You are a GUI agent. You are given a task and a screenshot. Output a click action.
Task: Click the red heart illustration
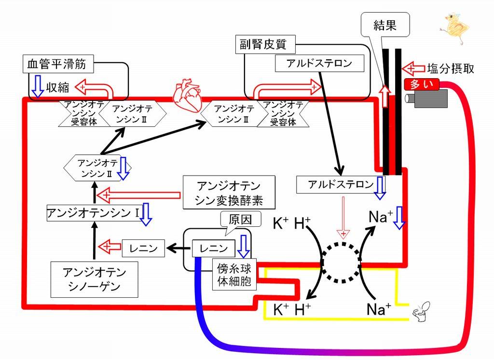click(187, 95)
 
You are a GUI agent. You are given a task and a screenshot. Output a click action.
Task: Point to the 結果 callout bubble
click(385, 25)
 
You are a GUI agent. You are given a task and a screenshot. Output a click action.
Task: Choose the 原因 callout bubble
click(240, 220)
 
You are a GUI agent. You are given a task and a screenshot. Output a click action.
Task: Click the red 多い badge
click(422, 84)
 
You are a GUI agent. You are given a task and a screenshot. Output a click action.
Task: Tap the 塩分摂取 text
click(451, 69)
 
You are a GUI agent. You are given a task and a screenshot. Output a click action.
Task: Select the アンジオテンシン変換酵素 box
click(229, 193)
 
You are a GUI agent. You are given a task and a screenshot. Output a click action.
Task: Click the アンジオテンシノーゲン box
click(95, 279)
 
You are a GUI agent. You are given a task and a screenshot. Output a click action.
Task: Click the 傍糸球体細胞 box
click(234, 274)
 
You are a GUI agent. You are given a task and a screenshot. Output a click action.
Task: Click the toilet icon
click(422, 311)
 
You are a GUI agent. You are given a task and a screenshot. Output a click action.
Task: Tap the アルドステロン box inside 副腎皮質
click(319, 63)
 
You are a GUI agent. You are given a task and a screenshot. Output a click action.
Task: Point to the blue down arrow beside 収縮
click(38, 86)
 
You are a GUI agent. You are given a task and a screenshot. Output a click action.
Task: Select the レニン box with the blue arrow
click(214, 249)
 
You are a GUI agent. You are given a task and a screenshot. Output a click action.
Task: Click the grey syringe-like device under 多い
click(426, 98)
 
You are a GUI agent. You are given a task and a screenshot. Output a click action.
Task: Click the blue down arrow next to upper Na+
click(399, 218)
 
